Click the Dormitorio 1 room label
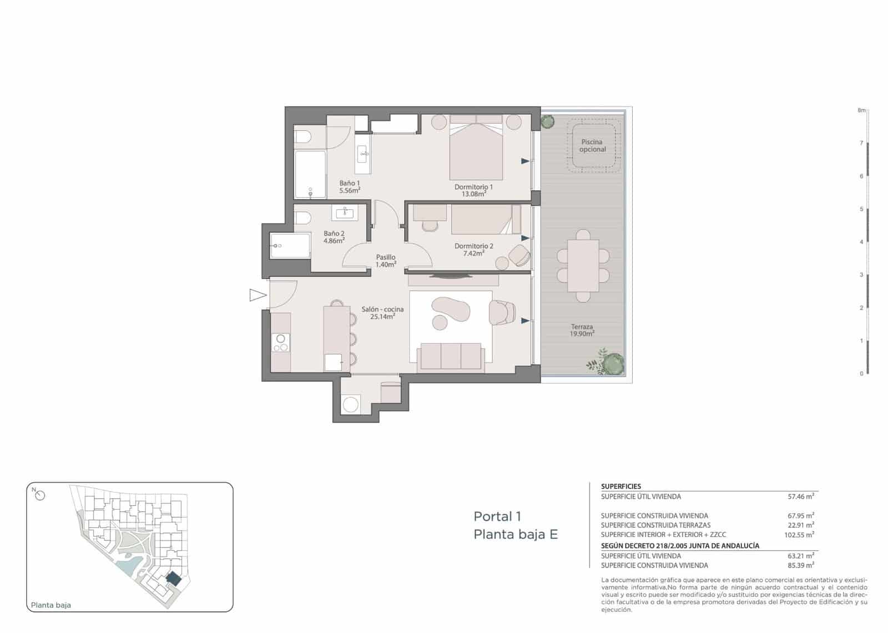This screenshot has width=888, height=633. (473, 187)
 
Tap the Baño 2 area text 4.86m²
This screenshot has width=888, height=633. (334, 241)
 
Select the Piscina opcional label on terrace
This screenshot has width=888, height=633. (592, 145)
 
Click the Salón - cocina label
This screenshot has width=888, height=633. (382, 309)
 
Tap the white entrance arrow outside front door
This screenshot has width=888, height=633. (258, 295)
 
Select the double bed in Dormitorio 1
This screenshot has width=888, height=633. (476, 150)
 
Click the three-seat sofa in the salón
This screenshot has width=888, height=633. (450, 356)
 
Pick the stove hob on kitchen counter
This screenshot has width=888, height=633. (281, 343)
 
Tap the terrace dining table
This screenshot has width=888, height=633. (583, 266)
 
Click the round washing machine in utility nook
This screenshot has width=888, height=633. (351, 404)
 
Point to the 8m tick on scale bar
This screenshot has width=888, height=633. (861, 110)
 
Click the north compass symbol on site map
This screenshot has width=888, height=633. (39, 495)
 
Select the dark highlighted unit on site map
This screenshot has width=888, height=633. (174, 579)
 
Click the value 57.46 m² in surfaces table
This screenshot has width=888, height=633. (800, 497)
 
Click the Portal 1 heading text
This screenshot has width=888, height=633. (497, 516)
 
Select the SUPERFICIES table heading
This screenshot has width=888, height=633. (620, 487)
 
